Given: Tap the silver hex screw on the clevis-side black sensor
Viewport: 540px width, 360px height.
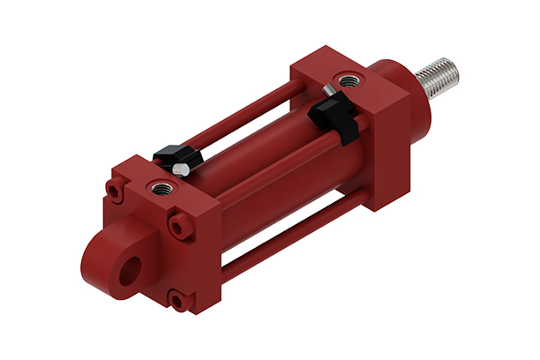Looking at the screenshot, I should click(x=179, y=169).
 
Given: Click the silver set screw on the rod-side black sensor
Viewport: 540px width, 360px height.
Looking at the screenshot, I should click(x=328, y=89).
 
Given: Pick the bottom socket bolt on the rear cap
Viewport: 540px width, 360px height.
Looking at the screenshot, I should click(x=181, y=303).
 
